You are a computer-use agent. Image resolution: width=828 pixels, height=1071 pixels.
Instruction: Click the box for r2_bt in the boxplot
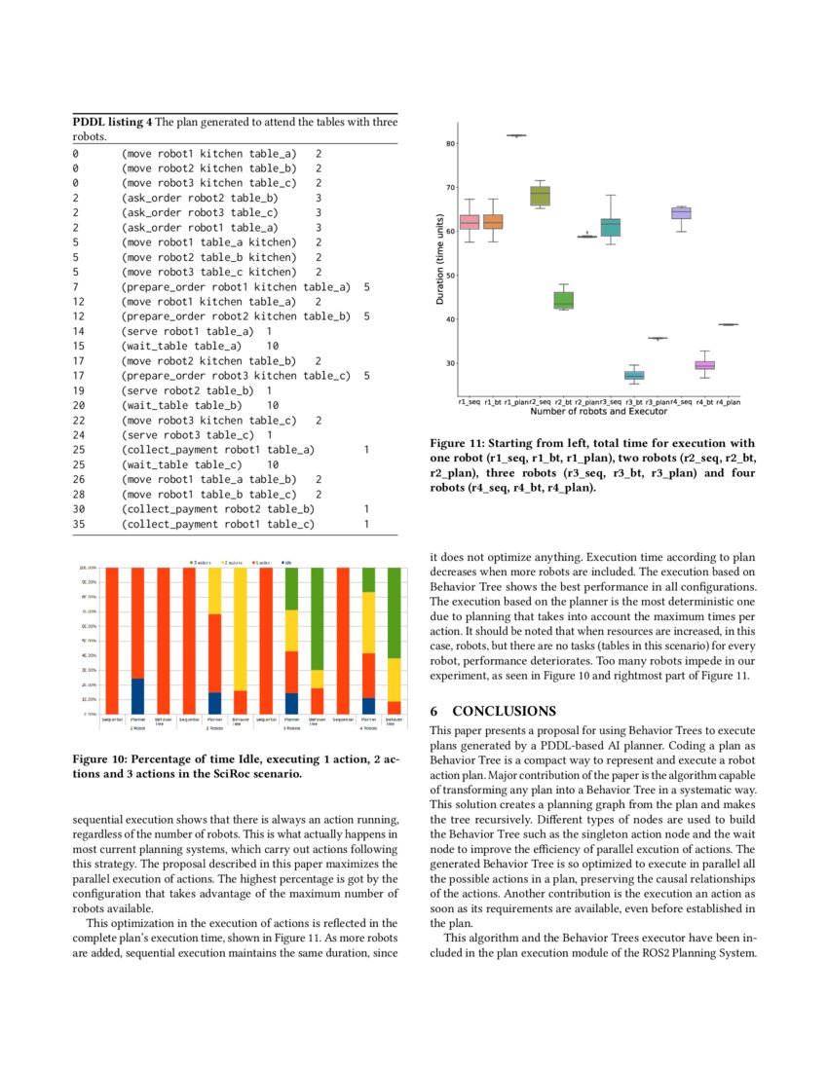tap(563, 300)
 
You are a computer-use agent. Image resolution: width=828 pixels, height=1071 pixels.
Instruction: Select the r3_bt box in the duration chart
tap(634, 375)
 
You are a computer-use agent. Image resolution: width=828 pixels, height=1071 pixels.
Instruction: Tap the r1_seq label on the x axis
tap(469, 401)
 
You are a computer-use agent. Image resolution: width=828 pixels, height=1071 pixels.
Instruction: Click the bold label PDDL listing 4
tap(112, 122)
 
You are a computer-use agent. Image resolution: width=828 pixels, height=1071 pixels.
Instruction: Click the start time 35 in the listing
tap(79, 524)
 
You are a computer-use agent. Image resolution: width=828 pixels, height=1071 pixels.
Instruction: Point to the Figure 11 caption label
tap(463, 442)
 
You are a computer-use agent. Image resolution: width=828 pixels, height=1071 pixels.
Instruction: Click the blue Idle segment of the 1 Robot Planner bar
tap(137, 696)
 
